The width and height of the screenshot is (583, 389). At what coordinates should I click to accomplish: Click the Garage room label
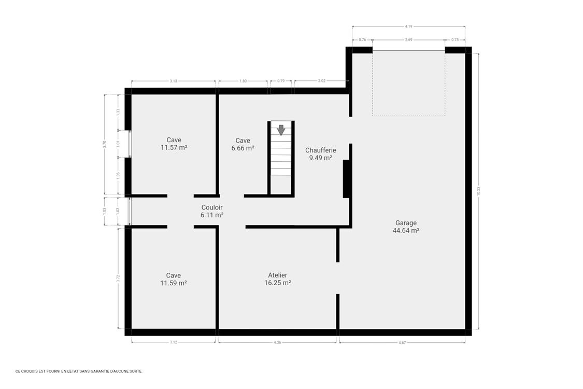click(406, 223)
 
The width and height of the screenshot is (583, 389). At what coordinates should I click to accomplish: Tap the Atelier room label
click(277, 275)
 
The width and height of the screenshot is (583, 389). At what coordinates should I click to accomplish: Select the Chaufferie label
click(320, 150)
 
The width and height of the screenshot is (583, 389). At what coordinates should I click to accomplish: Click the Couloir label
click(212, 207)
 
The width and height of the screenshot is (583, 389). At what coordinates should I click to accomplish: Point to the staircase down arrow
click(281, 130)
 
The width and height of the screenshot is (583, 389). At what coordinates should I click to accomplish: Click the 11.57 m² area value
click(174, 147)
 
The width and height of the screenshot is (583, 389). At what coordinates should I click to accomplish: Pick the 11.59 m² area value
click(174, 283)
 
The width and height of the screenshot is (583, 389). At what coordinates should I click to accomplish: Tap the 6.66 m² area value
click(243, 148)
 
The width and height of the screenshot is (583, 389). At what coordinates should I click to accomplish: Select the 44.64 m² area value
click(406, 231)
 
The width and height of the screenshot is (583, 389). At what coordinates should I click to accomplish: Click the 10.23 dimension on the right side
click(478, 190)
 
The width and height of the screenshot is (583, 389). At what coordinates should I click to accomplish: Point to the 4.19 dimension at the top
click(408, 26)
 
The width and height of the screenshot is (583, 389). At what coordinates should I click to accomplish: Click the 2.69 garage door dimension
click(408, 39)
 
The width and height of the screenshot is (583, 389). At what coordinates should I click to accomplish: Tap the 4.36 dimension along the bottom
click(277, 342)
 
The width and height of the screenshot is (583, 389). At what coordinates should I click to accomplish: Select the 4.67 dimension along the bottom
click(402, 342)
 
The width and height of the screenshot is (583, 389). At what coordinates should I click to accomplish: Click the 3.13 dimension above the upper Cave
click(173, 81)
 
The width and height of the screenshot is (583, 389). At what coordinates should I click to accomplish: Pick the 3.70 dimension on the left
click(105, 145)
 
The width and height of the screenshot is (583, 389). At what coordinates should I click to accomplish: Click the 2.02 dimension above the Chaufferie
click(321, 81)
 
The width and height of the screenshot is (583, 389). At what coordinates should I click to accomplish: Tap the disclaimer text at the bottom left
click(79, 371)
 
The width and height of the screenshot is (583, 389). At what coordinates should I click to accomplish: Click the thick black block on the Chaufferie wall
click(346, 179)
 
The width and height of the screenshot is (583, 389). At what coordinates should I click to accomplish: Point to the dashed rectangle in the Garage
click(408, 83)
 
